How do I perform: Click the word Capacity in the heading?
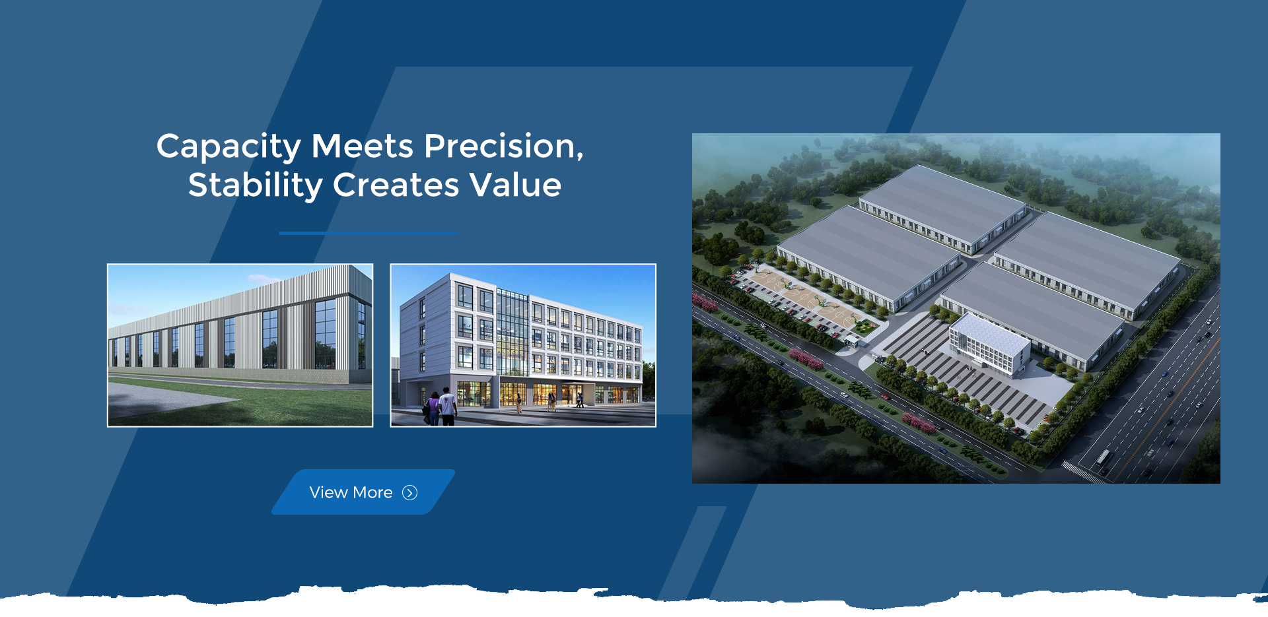coord(229,147)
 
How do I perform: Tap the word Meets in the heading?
coord(363,146)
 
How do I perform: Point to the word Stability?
coord(256,185)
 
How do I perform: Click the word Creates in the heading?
coord(396,185)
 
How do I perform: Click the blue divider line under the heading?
coord(368,233)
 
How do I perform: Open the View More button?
coord(363,492)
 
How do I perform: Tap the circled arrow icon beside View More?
coord(410,493)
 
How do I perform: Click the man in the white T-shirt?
coord(448,406)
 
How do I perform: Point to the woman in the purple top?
coord(433,408)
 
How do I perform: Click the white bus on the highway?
coord(1103,457)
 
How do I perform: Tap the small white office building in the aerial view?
coord(989,344)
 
